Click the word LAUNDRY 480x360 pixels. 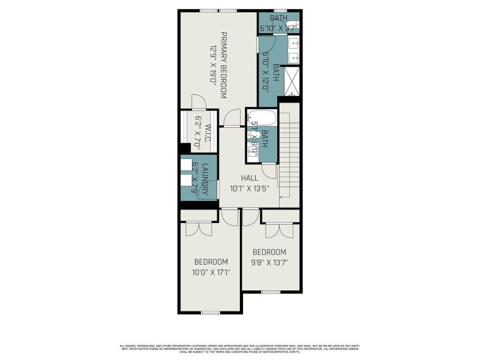coord(205,178)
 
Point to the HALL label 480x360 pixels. coord(249,178)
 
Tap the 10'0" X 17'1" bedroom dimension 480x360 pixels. coord(211,272)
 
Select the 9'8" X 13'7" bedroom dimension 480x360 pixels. coord(269,262)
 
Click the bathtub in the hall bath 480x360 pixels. coord(262,117)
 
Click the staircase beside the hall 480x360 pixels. coord(289,156)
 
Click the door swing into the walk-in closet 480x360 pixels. coord(199,103)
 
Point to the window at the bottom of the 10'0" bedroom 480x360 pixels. coord(210,312)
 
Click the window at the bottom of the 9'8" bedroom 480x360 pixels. coord(271,292)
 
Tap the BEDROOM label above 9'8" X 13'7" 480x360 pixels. coord(269,252)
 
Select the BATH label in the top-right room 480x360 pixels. coord(278,18)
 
